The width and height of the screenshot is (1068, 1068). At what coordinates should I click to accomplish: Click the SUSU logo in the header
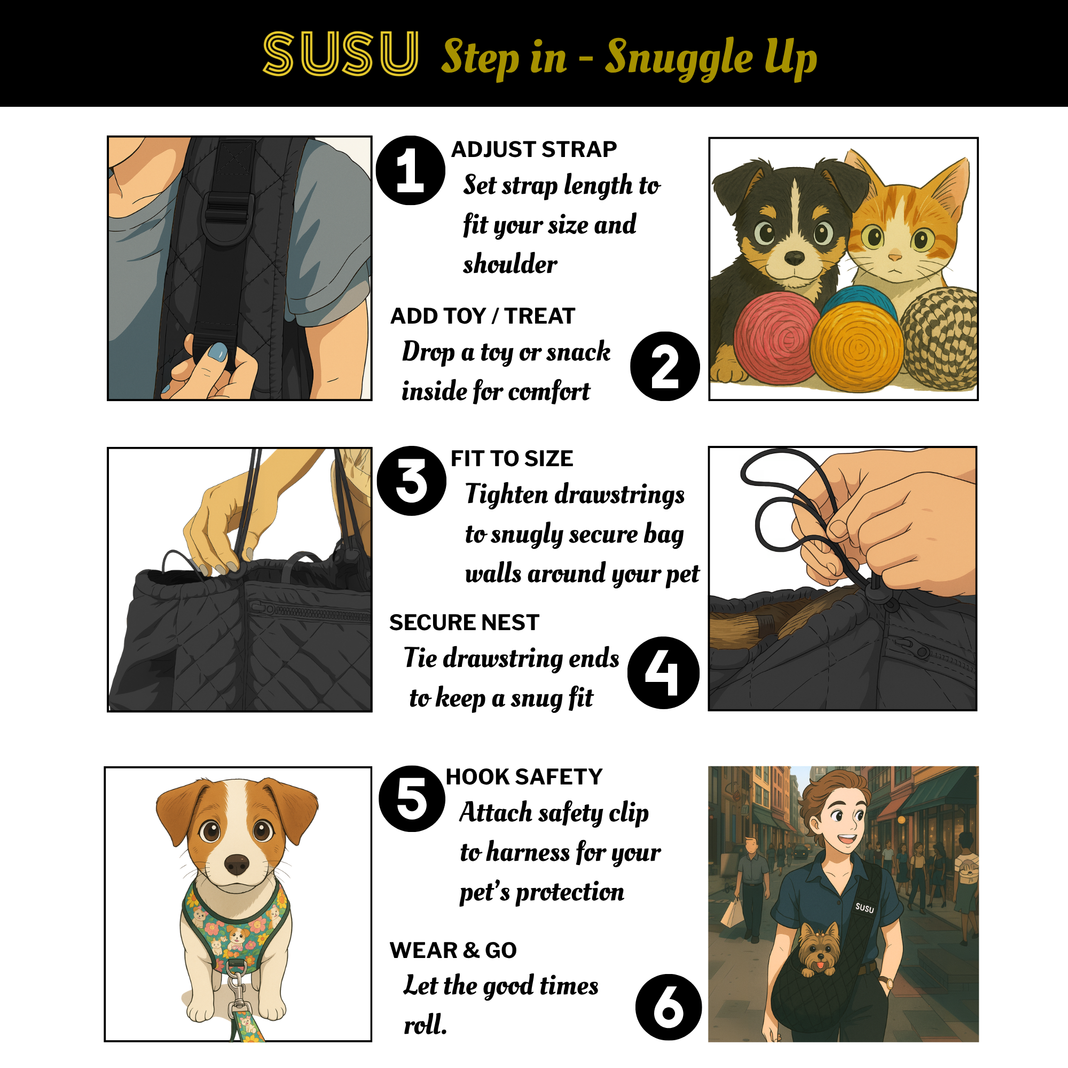coord(341,53)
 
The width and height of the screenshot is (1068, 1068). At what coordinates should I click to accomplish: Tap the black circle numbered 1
coord(410,170)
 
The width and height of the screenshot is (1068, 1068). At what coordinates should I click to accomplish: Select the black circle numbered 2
coord(664,366)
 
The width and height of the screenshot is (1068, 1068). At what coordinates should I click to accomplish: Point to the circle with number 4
coord(663,673)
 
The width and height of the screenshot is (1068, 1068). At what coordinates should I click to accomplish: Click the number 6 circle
coord(669,1007)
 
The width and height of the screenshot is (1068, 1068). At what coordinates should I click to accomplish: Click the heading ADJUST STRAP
coord(533,150)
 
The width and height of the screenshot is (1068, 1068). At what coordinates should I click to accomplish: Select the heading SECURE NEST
coord(464,623)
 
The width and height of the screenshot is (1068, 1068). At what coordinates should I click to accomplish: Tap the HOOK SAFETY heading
coord(523,776)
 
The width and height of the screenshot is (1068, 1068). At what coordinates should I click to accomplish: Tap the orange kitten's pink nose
coord(894,256)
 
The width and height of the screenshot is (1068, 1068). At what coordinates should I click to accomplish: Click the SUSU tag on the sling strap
coord(865,908)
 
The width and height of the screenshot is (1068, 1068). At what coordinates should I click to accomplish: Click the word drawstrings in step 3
coord(619,495)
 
